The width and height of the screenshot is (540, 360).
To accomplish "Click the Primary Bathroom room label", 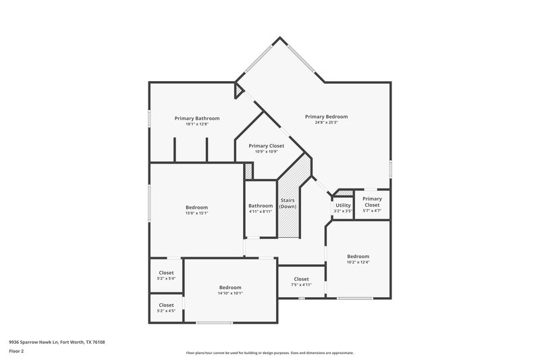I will [196, 118].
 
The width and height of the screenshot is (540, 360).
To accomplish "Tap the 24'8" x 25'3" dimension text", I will [326, 123].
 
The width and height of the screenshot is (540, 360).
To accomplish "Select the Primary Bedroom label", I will [326, 116].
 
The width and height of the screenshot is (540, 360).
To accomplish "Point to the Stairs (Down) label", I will [288, 203].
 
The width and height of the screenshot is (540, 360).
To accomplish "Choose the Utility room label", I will [343, 205].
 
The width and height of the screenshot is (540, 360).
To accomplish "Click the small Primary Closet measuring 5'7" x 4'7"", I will [372, 201].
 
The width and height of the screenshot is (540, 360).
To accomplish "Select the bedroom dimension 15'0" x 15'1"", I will [196, 213].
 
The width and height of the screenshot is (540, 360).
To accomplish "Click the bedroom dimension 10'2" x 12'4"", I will [358, 263].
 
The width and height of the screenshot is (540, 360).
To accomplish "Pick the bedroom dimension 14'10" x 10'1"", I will [230, 293].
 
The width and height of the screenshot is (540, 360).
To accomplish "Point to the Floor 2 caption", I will [16, 351].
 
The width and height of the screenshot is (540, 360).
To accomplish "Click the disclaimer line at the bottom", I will [269, 353].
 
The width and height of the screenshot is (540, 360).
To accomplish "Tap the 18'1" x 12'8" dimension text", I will [196, 124].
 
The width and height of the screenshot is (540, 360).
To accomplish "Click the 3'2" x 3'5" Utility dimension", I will [343, 211].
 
